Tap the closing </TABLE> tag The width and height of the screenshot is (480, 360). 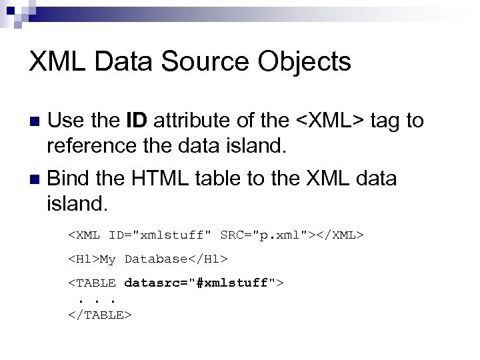click(100, 314)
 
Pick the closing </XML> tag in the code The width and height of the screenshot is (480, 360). click(339, 235)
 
